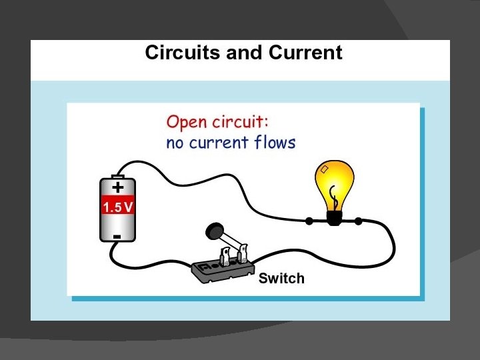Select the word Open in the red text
(186, 123)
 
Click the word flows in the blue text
(274, 142)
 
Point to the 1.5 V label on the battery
(117, 207)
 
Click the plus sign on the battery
(117, 187)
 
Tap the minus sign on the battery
(117, 236)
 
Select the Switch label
(281, 278)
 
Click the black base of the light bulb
(334, 217)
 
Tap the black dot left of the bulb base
(309, 220)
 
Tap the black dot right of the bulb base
(358, 221)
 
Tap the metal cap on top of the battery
(117, 176)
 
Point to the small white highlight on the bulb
(325, 171)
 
